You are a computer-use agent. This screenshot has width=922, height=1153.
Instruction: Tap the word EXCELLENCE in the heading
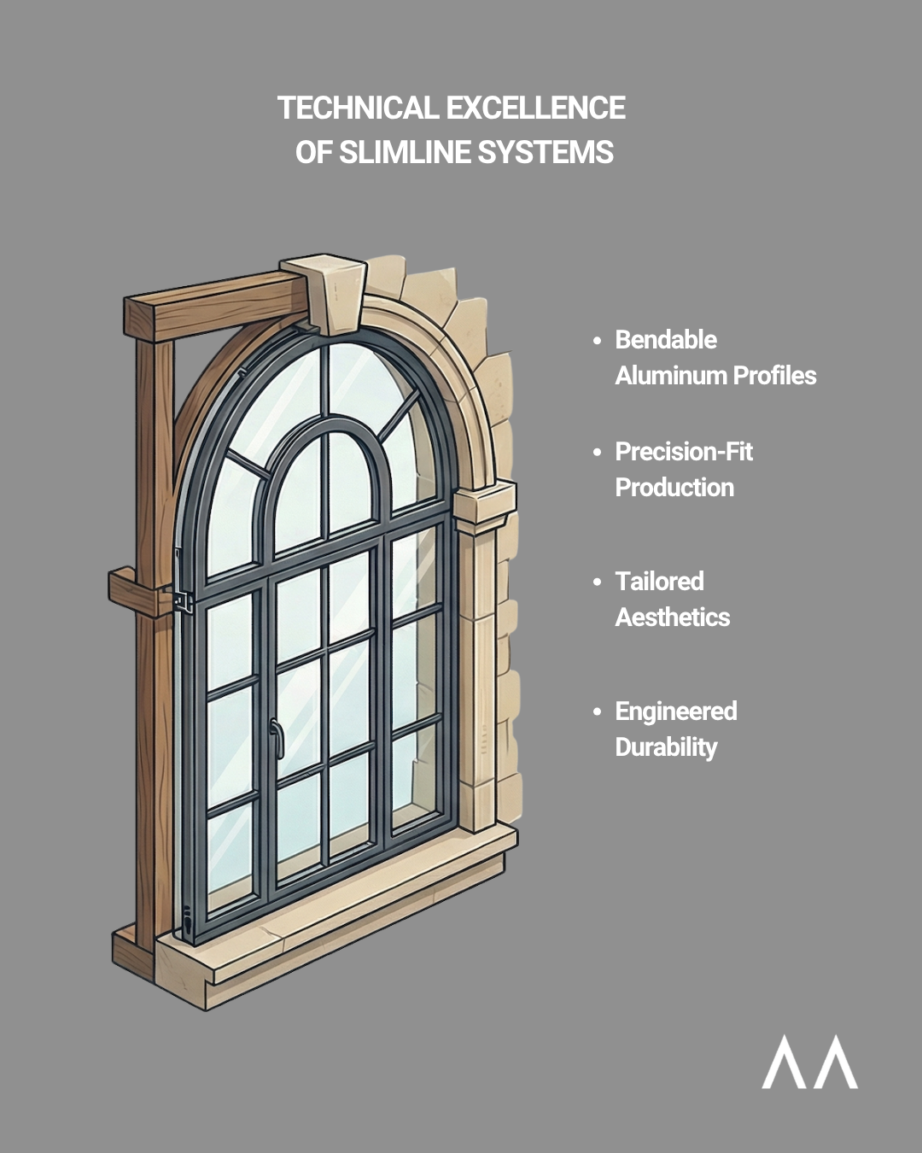pyautogui.click(x=535, y=108)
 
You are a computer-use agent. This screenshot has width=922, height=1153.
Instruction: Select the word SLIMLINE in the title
pyautogui.click(x=405, y=153)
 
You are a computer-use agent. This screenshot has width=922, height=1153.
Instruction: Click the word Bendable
pyautogui.click(x=666, y=340)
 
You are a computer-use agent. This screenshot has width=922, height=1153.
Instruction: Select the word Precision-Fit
pyautogui.click(x=684, y=452)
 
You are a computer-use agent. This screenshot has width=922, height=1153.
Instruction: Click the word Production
pyautogui.click(x=674, y=488)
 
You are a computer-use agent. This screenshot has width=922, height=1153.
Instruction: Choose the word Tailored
pyautogui.click(x=659, y=582)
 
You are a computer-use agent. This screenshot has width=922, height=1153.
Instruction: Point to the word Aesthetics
pyautogui.click(x=673, y=617)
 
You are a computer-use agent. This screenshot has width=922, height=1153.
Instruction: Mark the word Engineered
pyautogui.click(x=676, y=711)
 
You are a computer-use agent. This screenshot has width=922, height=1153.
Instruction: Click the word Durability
pyautogui.click(x=666, y=747)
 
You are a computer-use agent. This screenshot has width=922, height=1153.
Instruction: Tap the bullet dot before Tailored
pyautogui.click(x=598, y=582)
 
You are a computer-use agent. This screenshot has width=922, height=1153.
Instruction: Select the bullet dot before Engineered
pyautogui.click(x=598, y=712)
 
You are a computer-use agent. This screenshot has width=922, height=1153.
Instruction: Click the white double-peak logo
pyautogui.click(x=809, y=1062)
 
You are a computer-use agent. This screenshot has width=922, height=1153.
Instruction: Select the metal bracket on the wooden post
pyautogui.click(x=181, y=600)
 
